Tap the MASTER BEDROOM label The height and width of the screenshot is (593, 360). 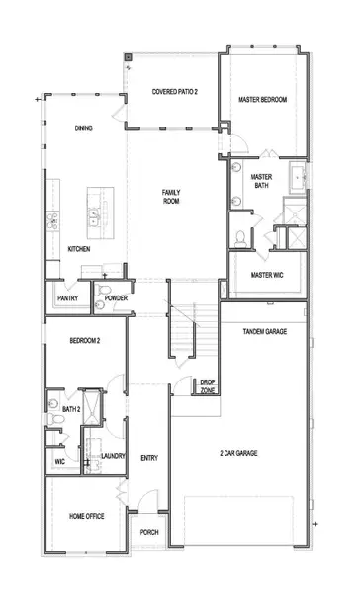coord(264,99)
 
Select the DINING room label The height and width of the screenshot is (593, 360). coord(84,127)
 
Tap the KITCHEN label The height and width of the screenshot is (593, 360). coord(79,249)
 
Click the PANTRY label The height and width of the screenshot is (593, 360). coord(68,297)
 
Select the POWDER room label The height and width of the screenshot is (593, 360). coord(116,297)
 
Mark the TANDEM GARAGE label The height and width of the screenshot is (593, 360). coord(265,332)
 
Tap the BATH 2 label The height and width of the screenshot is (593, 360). coord(71,408)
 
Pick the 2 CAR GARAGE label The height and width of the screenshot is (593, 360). coord(238,453)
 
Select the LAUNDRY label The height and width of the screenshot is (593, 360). coord(113,456)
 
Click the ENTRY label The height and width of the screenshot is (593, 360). coord(149,457)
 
